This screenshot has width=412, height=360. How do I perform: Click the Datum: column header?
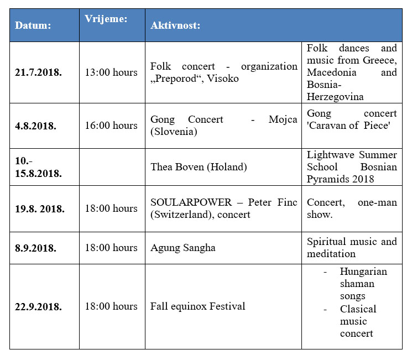click(x=33, y=25)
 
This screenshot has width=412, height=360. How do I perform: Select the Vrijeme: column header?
click(x=106, y=19)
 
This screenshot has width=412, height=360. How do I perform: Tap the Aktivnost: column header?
click(x=175, y=25)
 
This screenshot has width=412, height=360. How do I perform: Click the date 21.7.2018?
click(x=38, y=72)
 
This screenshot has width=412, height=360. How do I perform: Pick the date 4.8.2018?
click(x=36, y=126)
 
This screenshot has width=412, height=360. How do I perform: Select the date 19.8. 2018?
click(x=40, y=209)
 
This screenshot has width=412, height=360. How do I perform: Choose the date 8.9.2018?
click(x=36, y=248)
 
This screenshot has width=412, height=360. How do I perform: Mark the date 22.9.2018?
click(x=38, y=306)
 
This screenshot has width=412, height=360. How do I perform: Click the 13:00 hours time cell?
click(x=111, y=72)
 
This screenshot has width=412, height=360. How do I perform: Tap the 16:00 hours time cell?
click(x=111, y=126)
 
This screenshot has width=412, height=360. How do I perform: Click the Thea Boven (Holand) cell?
click(x=199, y=166)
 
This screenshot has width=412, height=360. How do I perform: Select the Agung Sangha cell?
click(x=183, y=248)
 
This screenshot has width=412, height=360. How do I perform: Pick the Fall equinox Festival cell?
click(x=197, y=306)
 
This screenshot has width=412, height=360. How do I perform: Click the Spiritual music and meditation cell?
click(x=352, y=248)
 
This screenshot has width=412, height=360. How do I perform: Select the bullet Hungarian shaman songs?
click(x=363, y=284)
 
